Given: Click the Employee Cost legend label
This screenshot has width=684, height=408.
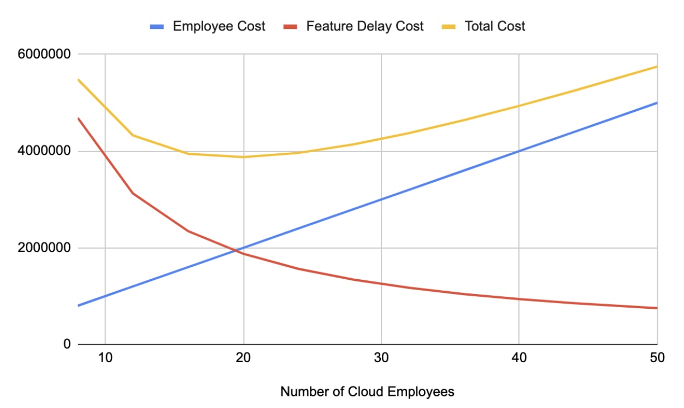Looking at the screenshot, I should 219,26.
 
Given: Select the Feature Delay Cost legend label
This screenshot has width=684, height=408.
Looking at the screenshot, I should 364,26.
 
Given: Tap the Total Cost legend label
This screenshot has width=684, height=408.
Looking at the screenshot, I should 494,26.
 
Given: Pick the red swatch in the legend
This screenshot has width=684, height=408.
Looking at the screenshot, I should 291,27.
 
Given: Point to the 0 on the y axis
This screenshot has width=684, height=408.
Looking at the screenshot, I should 67,344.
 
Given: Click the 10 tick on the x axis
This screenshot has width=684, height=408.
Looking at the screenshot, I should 105,358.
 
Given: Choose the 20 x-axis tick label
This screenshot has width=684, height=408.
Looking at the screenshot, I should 244,358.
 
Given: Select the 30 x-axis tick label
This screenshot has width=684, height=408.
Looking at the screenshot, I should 381,358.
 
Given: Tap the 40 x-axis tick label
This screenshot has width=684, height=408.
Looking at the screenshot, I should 518,358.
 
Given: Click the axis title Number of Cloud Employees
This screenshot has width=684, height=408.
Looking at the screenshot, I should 367,392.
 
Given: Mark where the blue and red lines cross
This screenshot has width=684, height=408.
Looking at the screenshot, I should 237,250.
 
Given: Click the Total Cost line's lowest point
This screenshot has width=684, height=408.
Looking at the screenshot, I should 244,157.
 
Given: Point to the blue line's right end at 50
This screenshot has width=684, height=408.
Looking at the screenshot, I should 657,103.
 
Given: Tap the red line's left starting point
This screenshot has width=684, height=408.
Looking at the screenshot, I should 78,118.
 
